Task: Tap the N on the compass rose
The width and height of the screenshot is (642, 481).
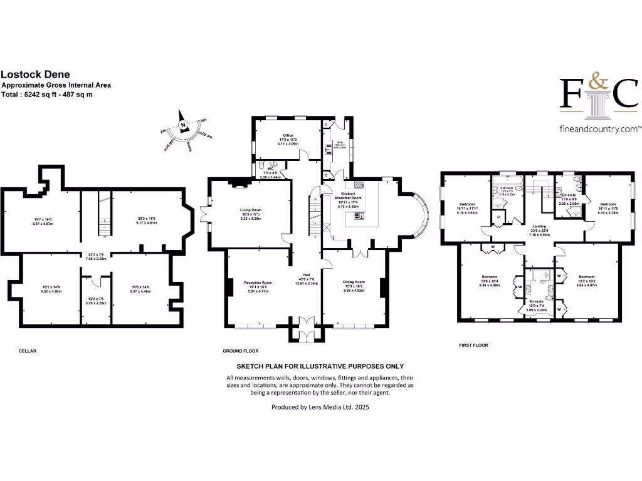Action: point(183,125)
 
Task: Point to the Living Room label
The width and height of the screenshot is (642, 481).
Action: point(250,211)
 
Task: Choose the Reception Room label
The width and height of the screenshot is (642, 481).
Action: point(258,283)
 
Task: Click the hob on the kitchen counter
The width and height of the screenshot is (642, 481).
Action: point(359,185)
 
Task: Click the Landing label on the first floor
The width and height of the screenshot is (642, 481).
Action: point(539,226)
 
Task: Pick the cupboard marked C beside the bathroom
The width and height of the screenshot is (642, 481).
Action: point(498,217)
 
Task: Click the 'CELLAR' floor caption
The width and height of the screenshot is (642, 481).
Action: point(28,351)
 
